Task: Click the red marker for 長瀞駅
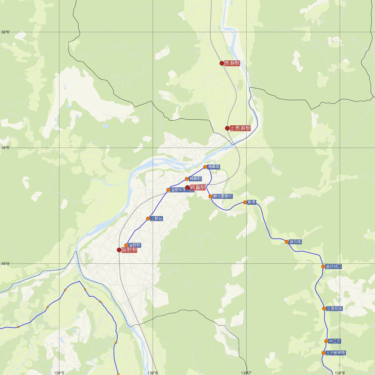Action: [222, 63]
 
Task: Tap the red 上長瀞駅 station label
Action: [240, 128]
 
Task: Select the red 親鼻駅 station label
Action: [197, 187]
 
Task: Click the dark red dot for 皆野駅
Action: [119, 250]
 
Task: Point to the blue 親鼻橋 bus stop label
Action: [214, 167]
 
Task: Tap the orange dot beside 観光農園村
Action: [210, 196]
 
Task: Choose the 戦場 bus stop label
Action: [251, 202]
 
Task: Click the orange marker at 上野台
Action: [148, 218]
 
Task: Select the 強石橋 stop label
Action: [295, 242]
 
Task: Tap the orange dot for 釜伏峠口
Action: [323, 267]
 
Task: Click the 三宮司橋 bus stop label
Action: [334, 309]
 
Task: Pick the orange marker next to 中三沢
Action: [326, 341]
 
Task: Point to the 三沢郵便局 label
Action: [336, 353]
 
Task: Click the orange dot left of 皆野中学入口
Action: [168, 190]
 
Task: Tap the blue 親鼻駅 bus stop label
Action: [195, 179]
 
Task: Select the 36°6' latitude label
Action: [6, 32]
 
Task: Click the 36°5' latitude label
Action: [6, 147]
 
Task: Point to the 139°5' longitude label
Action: [59, 372]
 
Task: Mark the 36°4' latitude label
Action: [6, 263]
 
